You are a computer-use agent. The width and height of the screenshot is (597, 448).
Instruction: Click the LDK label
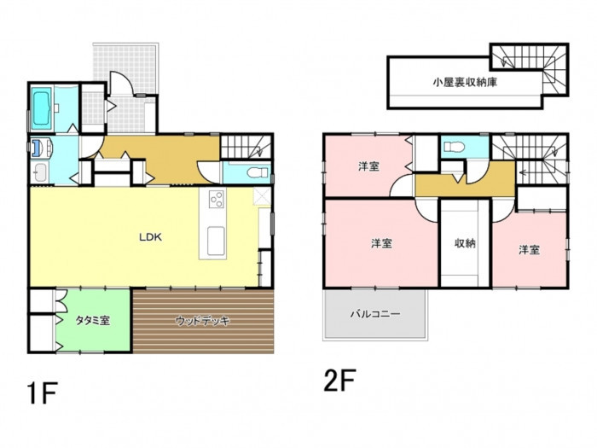pos(150,237)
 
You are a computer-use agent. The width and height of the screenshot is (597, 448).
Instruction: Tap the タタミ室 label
pos(93,321)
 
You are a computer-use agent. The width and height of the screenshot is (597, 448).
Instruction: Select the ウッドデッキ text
pos(203,321)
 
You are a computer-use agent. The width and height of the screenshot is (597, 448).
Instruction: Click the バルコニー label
pos(375,314)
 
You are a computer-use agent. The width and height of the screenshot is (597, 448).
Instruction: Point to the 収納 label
pos(466,243)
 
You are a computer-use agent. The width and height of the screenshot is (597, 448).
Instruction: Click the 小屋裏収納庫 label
pos(465,82)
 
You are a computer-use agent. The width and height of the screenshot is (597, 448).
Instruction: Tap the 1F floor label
pos(43,393)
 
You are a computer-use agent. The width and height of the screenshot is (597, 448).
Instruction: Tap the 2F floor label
pos(339,380)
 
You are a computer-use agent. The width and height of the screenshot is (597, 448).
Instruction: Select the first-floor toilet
pos(255,173)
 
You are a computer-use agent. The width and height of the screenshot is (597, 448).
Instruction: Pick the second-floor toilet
pos(454,147)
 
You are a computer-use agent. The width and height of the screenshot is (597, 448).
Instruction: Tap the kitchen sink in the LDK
pos(216,241)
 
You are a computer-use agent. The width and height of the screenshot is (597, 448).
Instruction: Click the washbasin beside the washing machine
pos(39,173)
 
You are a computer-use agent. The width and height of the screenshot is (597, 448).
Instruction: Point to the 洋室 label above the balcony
pos(381,243)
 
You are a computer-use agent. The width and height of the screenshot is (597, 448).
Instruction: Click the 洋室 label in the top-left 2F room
pos(368,166)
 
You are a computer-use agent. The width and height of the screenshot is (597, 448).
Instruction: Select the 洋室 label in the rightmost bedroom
pos(529,250)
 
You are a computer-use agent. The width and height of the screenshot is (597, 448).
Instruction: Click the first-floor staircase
pos(246,146)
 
